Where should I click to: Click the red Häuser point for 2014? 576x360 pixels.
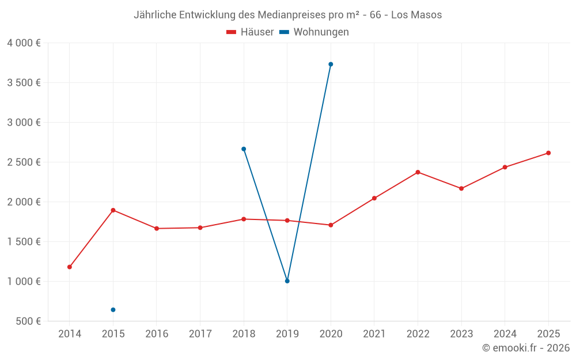[70, 267]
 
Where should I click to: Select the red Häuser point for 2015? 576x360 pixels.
[113, 210]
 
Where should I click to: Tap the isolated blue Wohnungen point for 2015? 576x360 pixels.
[113, 310]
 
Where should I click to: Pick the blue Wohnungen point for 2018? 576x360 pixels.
[244, 149]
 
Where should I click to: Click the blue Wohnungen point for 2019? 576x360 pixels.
[287, 281]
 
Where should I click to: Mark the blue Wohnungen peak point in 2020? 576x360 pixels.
[331, 65]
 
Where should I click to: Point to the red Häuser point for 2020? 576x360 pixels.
[331, 225]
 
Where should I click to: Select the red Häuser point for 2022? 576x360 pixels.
[418, 172]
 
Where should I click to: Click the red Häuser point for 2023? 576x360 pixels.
[461, 188]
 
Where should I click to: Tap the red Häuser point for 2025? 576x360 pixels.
[548, 153]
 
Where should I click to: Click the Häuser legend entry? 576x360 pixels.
[250, 32]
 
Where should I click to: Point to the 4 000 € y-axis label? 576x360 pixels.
[24, 43]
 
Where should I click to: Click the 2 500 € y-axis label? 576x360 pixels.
[24, 162]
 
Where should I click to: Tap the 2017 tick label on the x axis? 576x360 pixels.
[200, 334]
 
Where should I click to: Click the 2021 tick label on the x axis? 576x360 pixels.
[374, 334]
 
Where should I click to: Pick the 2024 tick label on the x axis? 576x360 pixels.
[505, 334]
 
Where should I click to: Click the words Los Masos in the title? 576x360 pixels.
[416, 15]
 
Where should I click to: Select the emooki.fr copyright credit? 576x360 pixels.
[525, 348]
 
